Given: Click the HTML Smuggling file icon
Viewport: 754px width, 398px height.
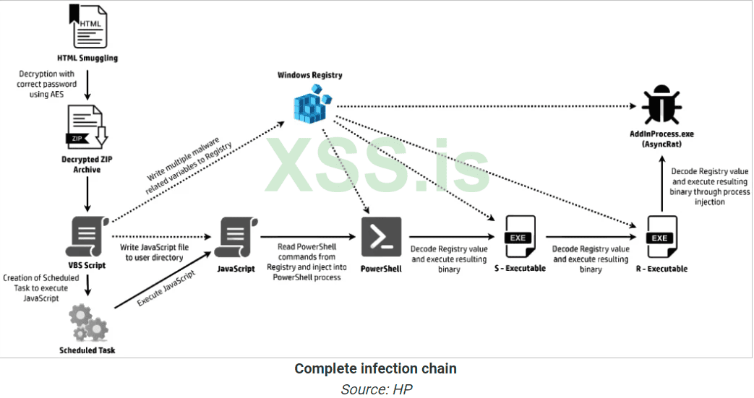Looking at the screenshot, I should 87,27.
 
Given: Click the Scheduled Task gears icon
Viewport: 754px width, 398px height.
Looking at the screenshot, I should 87,323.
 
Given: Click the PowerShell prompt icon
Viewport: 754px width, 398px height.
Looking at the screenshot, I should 381,236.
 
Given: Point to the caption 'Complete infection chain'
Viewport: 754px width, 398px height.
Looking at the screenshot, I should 375,369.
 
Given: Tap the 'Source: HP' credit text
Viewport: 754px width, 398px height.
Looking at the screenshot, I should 375,389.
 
